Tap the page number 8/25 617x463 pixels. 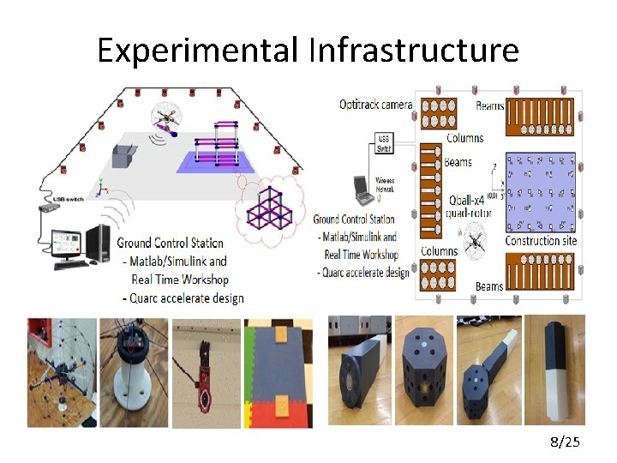[x=564, y=442]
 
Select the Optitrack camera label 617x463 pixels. [x=375, y=105]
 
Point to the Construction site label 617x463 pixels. [x=541, y=241]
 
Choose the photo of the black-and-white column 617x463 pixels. [x=554, y=370]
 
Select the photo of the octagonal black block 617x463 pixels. [x=422, y=370]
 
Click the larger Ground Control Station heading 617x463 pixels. [x=170, y=244]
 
